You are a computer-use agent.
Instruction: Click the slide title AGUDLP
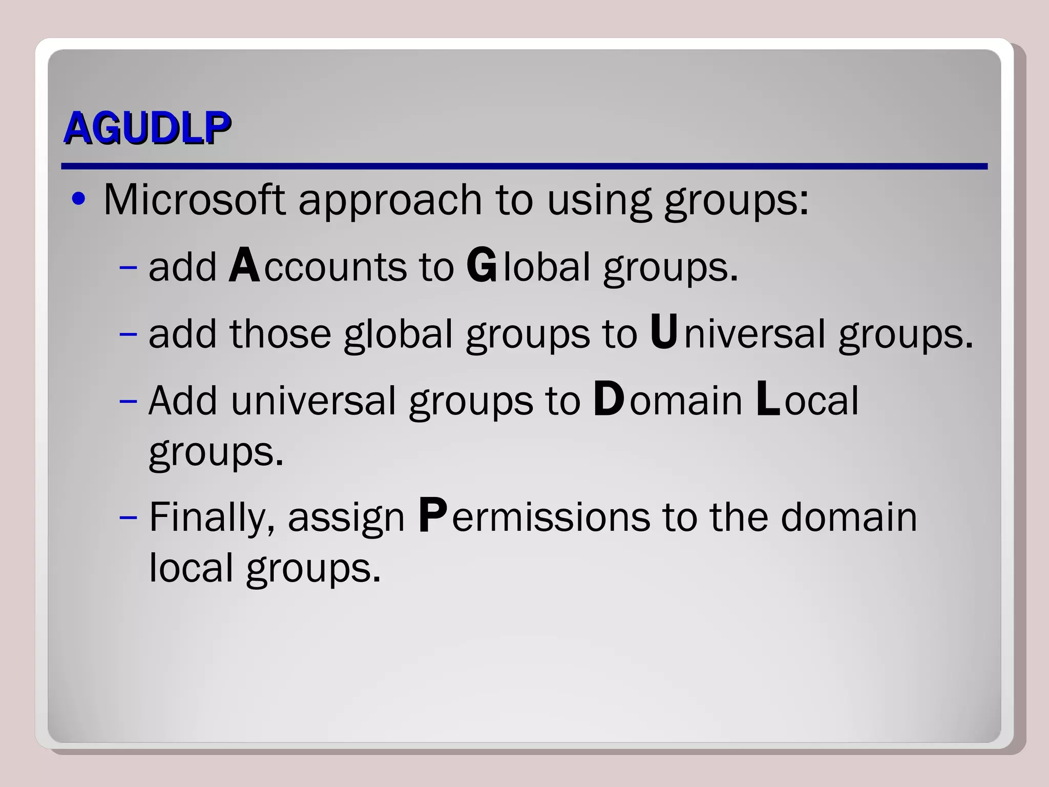click(x=147, y=128)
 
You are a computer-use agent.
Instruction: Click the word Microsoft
click(x=194, y=199)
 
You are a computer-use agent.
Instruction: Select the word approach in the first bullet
click(x=390, y=201)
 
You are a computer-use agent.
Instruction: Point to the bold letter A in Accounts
click(x=244, y=265)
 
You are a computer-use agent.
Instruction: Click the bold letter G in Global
click(x=481, y=265)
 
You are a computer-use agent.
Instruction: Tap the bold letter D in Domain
click(x=609, y=399)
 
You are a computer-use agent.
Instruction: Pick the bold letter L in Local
click(x=768, y=399)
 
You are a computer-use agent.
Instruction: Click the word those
click(x=280, y=334)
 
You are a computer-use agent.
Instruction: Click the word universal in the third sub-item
click(x=313, y=400)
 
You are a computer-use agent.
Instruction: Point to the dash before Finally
click(x=128, y=517)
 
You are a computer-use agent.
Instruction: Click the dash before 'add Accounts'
click(x=128, y=267)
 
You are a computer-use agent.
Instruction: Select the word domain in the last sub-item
click(x=849, y=517)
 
